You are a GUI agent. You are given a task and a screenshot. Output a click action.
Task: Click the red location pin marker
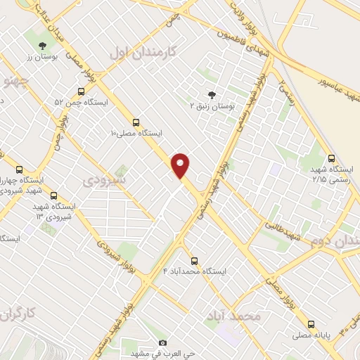[x=181, y=165]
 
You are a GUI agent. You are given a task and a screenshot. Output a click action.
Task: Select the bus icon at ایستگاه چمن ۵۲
[x=82, y=91]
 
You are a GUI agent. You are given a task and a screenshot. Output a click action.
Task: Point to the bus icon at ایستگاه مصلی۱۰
[x=136, y=121]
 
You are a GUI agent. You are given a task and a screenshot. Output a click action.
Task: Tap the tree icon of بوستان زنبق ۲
[x=212, y=94]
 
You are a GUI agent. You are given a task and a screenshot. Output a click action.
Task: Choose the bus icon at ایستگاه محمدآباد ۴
[x=195, y=259]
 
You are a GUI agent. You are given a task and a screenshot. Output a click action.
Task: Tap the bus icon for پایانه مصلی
[x=311, y=324]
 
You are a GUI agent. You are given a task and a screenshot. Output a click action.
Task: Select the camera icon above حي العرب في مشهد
[x=163, y=342]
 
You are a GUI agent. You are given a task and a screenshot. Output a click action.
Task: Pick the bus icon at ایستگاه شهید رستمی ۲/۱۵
[x=331, y=158]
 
